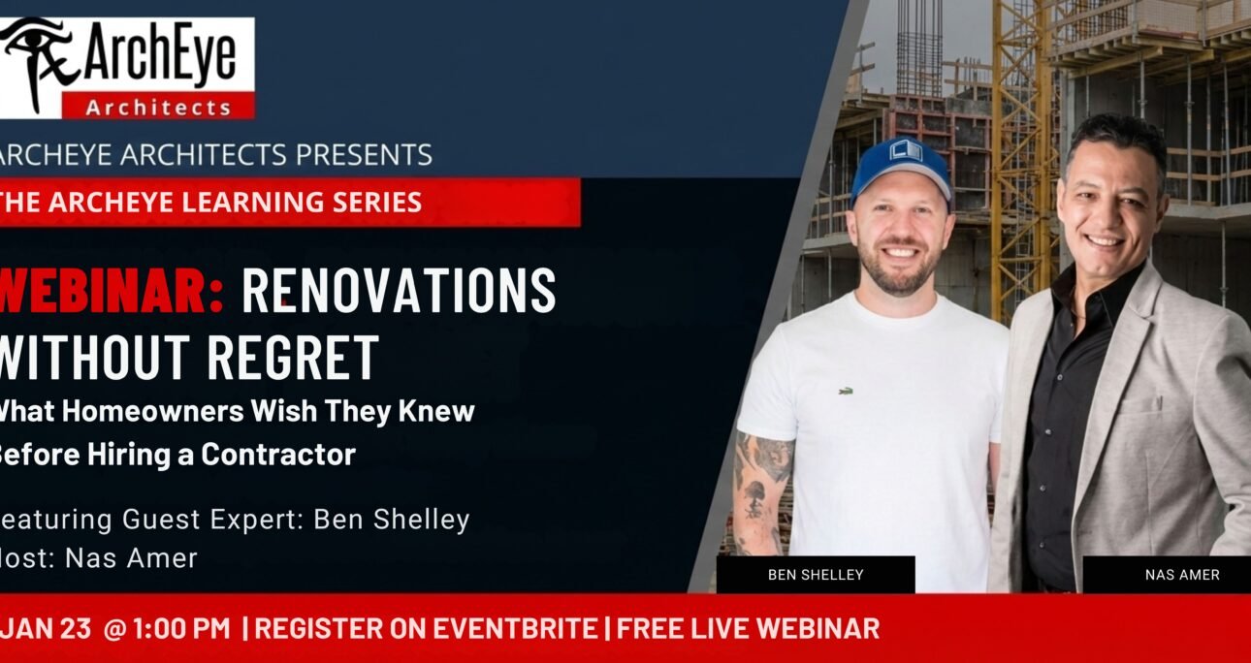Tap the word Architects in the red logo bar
(x=158, y=108)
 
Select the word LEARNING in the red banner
(x=242, y=203)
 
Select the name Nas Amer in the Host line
(x=131, y=558)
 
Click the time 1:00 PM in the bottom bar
(x=180, y=628)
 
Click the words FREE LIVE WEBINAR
(x=748, y=628)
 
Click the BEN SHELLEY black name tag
(x=816, y=575)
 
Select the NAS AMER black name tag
(x=1181, y=575)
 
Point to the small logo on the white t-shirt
(x=845, y=391)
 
